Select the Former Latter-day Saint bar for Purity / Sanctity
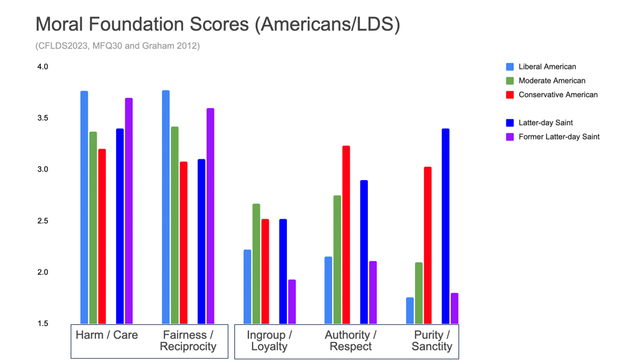tap(454, 308)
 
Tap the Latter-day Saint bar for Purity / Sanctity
tap(445, 226)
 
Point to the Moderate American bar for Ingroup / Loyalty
tap(256, 263)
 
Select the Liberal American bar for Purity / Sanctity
tap(410, 310)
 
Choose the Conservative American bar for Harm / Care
tap(102, 236)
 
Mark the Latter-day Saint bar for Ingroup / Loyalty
tap(283, 271)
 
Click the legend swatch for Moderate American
tap(509, 80)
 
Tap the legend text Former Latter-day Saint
tap(559, 137)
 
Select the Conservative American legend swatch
tap(509, 94)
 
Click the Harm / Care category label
tap(106, 335)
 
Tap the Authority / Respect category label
tap(350, 341)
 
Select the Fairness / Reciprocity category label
tap(187, 341)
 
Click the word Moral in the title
tap(60, 24)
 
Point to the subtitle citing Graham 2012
tap(117, 45)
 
